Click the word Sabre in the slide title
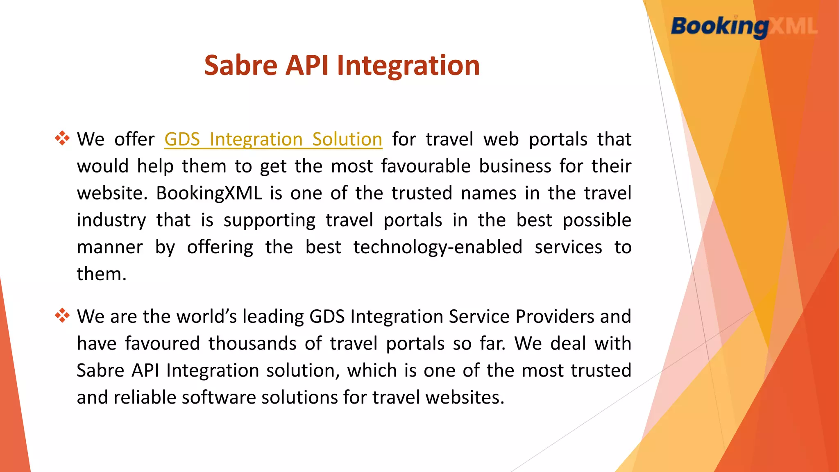[x=241, y=66]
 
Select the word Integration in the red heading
[x=408, y=66]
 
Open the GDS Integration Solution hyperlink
[x=273, y=139]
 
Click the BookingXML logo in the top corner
[x=744, y=27]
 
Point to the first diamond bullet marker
[x=62, y=138]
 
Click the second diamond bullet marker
[x=62, y=315]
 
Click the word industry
[x=111, y=220]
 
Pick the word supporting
[x=270, y=220]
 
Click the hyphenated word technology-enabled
[x=438, y=247]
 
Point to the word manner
[x=110, y=247]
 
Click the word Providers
[x=554, y=316]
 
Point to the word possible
[x=596, y=220]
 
